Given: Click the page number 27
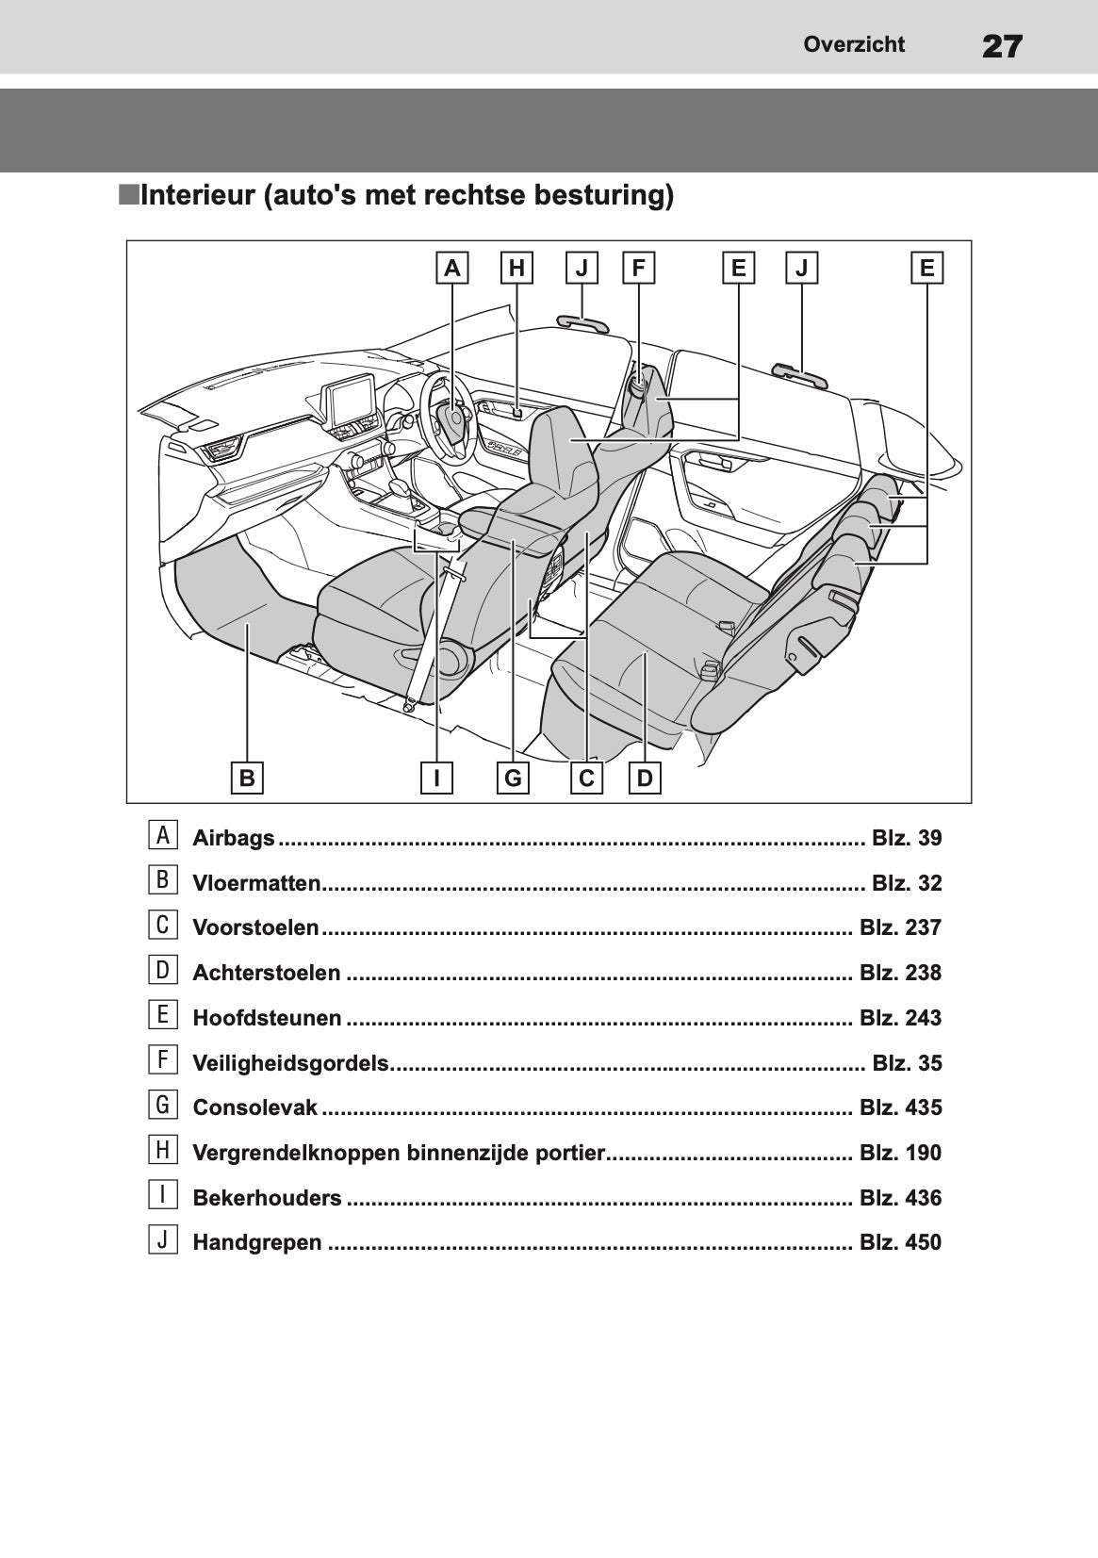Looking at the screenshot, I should [1001, 45].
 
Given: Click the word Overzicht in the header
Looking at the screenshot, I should [854, 44].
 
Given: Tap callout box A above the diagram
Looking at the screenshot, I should [452, 269].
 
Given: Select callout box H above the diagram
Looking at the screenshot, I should [516, 269].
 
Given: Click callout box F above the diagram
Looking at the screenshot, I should [639, 269].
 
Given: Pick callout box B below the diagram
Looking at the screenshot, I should [247, 779].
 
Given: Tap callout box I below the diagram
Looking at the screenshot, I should [437, 779].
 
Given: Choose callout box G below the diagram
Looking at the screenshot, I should [514, 779].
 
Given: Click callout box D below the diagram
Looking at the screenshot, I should [645, 779].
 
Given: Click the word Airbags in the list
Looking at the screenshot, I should [234, 838].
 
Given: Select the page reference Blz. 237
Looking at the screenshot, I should [900, 927].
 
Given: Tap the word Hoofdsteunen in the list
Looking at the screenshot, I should [267, 1018].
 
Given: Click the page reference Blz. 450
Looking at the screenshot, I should [900, 1242].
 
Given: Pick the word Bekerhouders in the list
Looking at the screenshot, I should [267, 1198].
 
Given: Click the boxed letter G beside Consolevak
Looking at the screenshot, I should [163, 1105].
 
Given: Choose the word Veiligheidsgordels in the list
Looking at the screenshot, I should [290, 1063].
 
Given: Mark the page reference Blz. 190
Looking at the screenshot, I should [900, 1153].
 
